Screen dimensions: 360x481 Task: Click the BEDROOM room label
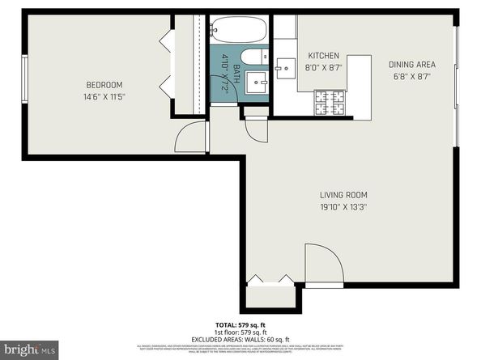[x=104, y=85]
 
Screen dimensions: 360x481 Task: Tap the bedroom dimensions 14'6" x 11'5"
[x=104, y=96]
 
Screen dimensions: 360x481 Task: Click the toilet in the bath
[x=251, y=57]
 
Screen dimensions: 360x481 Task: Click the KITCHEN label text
[x=323, y=56]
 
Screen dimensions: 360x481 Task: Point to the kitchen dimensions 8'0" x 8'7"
[x=323, y=68]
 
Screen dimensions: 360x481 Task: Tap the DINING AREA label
[x=411, y=65]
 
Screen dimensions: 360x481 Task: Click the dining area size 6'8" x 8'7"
[x=411, y=76]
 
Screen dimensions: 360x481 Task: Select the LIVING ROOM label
[x=344, y=195]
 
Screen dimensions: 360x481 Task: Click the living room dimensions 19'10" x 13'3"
[x=344, y=206]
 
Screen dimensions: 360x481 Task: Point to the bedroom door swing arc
[x=188, y=138]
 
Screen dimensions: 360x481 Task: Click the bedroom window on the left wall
[x=24, y=85]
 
